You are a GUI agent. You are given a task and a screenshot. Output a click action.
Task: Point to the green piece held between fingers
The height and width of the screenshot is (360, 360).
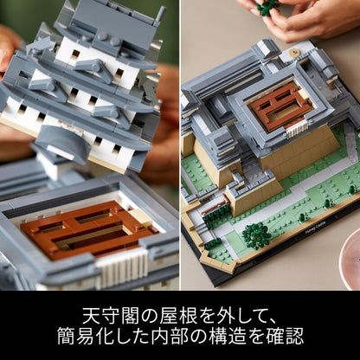click(267, 6)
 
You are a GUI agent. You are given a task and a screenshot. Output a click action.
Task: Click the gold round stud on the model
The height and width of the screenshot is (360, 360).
click(293, 52)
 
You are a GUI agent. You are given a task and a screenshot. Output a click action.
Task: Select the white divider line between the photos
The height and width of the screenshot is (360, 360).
click(179, 145)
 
